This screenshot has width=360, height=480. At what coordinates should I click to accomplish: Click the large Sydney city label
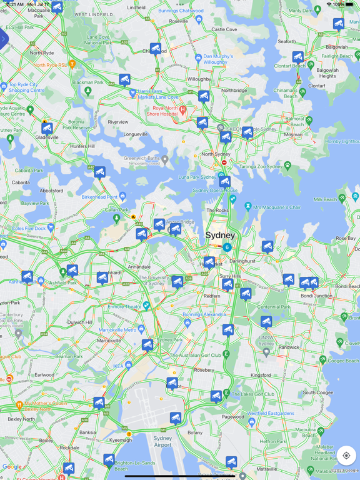220,235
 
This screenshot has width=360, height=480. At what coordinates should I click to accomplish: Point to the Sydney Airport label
162,441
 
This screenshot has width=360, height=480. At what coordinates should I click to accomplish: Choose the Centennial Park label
274,307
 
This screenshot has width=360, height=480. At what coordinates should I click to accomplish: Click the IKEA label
118,366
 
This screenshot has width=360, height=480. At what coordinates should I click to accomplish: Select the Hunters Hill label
82,146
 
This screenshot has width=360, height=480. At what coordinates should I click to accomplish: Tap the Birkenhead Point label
99,197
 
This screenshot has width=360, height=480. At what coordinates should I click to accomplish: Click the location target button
346,456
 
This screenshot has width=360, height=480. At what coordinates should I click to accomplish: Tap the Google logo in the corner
12,467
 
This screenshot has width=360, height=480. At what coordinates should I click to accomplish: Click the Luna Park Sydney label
197,177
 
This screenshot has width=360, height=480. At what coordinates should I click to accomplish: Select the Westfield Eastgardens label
271,413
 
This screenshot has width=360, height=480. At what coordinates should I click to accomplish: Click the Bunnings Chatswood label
181,11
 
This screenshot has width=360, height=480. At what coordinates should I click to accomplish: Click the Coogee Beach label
342,360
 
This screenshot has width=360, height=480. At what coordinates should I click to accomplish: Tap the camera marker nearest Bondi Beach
313,282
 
